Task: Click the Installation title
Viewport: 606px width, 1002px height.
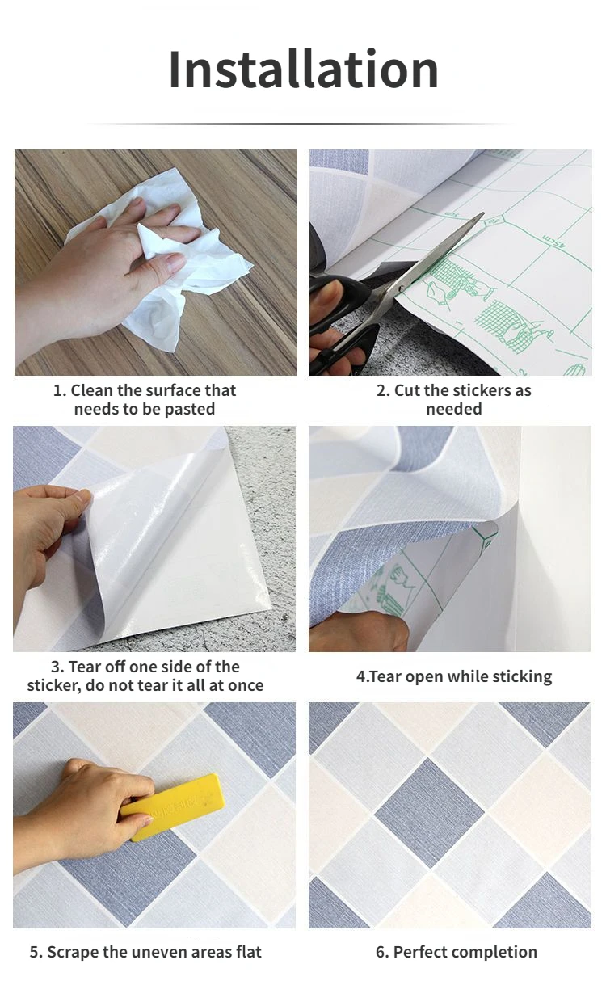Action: click(303, 69)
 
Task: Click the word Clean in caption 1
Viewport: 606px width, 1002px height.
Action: click(91, 390)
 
